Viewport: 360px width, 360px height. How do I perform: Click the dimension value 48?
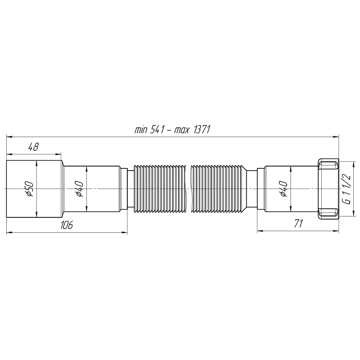[33, 147]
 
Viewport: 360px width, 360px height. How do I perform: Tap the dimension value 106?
[67, 225]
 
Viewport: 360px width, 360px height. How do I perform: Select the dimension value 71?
[298, 223]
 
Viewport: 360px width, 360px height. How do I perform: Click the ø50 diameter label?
[30, 189]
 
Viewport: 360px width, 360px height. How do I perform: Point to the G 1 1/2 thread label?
[346, 189]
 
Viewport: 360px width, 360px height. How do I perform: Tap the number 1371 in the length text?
[202, 130]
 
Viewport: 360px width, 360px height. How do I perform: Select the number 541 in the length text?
[158, 130]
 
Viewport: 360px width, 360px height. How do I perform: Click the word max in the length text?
[181, 130]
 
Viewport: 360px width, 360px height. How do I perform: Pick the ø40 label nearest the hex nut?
[284, 189]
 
